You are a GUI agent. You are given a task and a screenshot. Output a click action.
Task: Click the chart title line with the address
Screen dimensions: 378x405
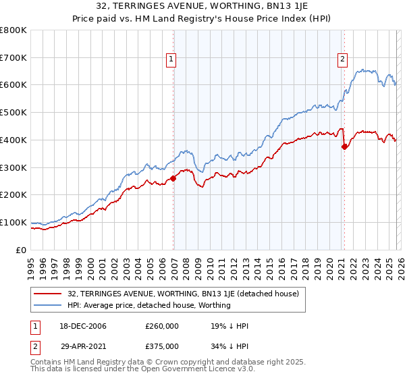pyautogui.click(x=202, y=6)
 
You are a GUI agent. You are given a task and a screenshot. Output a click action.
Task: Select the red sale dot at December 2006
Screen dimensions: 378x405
pyautogui.click(x=173, y=178)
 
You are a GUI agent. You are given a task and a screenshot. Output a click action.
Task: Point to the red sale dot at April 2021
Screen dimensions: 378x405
pyautogui.click(x=344, y=146)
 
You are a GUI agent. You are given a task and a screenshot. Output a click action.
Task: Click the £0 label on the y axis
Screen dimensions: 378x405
pyautogui.click(x=22, y=250)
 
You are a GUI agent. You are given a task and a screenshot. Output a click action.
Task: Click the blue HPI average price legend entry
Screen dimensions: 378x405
pyautogui.click(x=149, y=306)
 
